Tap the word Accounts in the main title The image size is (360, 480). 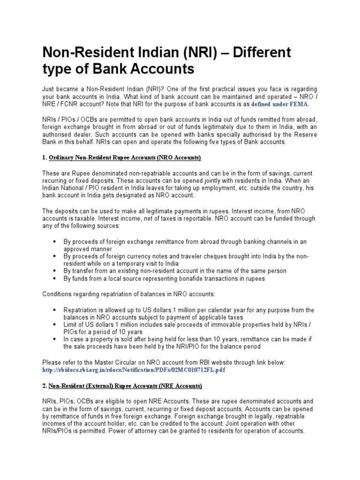160,69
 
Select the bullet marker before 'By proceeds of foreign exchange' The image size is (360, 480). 55,241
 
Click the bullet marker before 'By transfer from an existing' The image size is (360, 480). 55,271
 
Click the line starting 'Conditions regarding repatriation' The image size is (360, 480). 129,294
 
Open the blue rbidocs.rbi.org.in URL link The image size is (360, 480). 134,370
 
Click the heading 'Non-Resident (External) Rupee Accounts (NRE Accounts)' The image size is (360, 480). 125,386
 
